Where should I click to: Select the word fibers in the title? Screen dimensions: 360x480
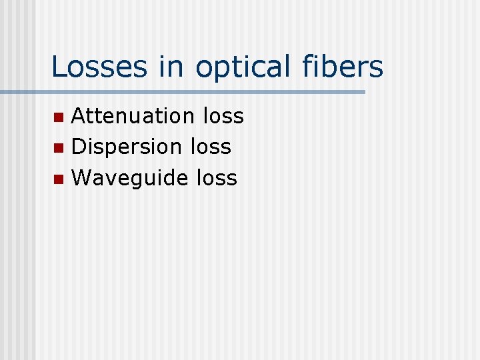pyautogui.click(x=351, y=67)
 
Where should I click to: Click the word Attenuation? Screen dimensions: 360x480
pyautogui.click(x=133, y=116)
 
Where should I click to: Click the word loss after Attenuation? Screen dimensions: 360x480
pyautogui.click(x=223, y=116)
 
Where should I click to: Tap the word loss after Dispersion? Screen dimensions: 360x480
pyautogui.click(x=211, y=147)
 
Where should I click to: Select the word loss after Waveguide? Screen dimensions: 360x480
pyautogui.click(x=217, y=178)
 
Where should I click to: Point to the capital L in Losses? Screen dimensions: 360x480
pyautogui.click(x=58, y=67)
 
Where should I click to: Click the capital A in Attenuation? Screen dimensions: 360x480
pyautogui.click(x=79, y=116)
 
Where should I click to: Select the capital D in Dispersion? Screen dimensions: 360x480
pyautogui.click(x=79, y=147)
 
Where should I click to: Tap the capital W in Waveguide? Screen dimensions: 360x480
pyautogui.click(x=82, y=178)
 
